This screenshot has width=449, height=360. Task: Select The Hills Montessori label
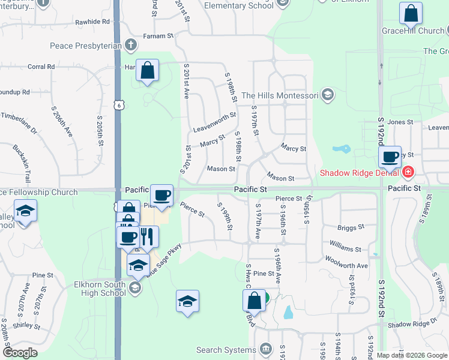tap(280, 95)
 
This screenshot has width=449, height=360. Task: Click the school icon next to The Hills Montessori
tap(328, 94)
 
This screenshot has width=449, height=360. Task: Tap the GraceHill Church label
tap(413, 31)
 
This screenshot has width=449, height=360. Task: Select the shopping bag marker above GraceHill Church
tap(411, 13)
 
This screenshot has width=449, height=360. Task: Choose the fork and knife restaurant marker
tap(145, 236)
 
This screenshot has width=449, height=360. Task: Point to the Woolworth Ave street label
tap(346, 262)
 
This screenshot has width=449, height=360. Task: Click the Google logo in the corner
tap(20, 353)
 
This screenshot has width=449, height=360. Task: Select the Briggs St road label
tap(351, 227)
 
